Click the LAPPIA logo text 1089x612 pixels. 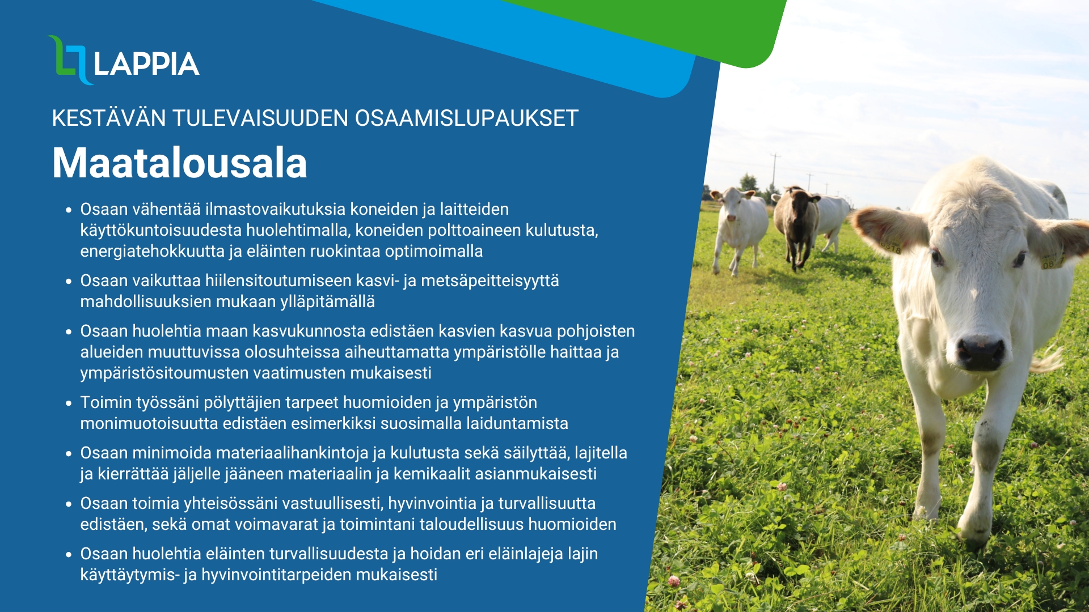point(146,63)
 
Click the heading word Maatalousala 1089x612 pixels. point(179,163)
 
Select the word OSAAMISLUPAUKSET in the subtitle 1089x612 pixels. point(466,118)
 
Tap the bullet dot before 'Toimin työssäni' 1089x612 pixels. point(69,403)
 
